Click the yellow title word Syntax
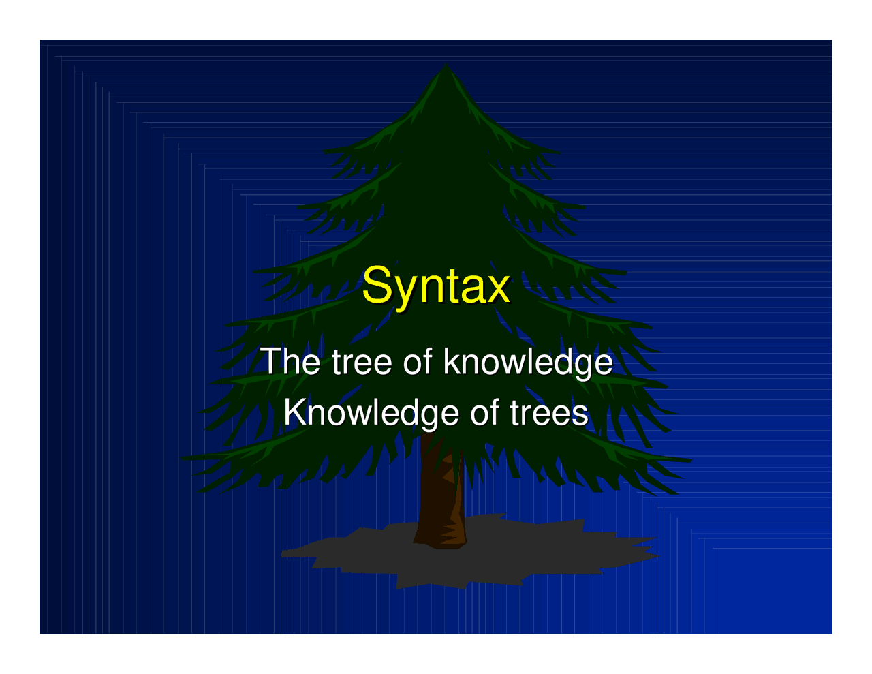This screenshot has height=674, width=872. pos(435,286)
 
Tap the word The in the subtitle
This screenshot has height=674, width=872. pos(290,361)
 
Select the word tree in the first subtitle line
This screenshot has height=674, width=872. pos(362,361)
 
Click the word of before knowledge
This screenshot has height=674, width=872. pos(418,361)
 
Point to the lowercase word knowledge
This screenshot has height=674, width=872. pos(528,362)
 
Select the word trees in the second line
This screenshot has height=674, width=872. pos(548,413)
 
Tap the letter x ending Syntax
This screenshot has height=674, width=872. pos(499,288)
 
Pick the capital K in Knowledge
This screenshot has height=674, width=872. pos(292,412)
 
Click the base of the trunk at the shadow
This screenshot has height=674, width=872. pos(440,542)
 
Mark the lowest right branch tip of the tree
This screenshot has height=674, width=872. pos(689,461)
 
